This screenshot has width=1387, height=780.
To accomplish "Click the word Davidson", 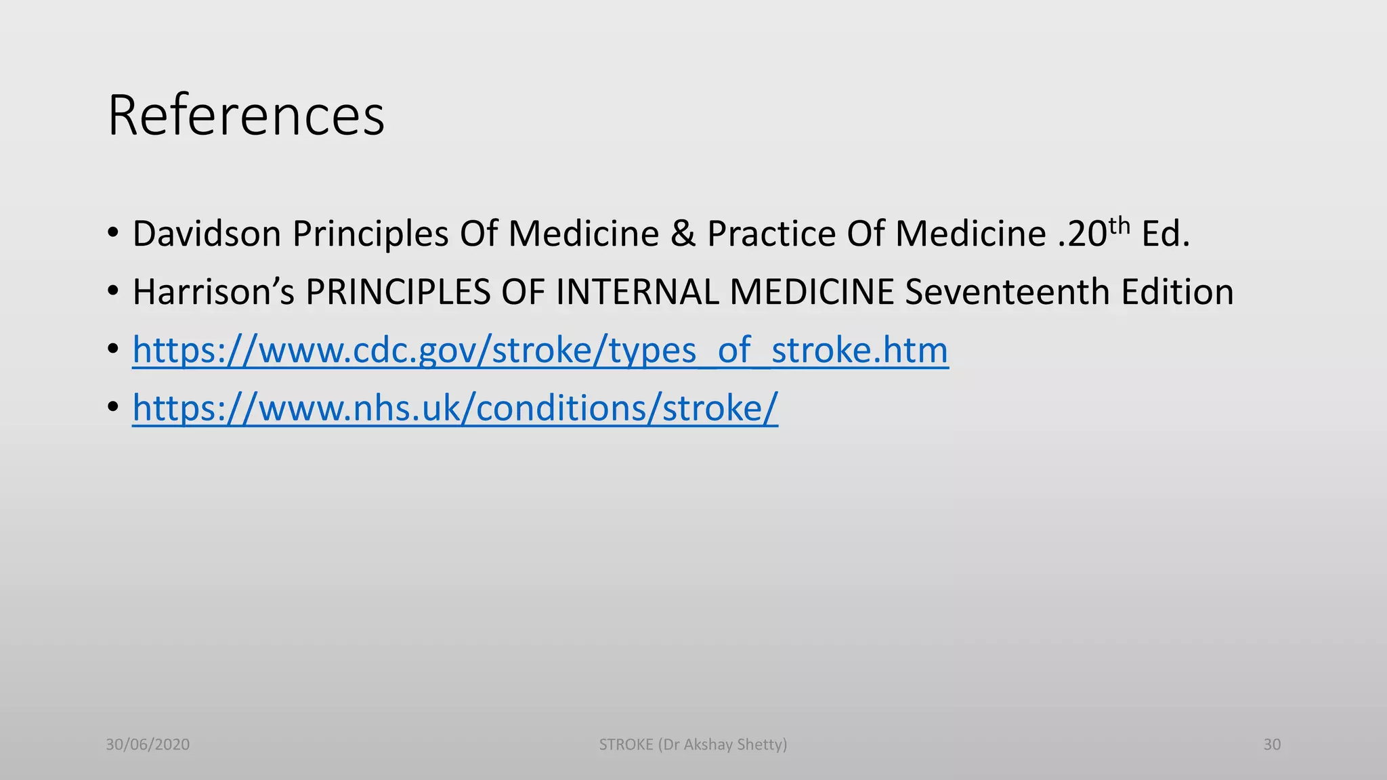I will [x=207, y=234].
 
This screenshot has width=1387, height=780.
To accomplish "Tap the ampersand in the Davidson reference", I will [x=683, y=234].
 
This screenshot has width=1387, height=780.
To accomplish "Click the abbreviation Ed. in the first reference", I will [x=1166, y=234].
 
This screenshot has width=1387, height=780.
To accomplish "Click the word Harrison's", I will [x=213, y=292].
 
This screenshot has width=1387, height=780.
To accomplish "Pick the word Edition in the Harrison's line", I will [x=1177, y=292].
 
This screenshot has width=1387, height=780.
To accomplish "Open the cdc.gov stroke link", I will [x=540, y=350].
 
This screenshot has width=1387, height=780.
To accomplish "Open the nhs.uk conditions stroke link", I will [x=455, y=408].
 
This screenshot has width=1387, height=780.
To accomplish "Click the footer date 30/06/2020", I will [x=148, y=745].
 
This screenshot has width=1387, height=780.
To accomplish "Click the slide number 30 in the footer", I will [x=1272, y=745].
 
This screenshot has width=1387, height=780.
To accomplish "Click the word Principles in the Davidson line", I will [x=370, y=234].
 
